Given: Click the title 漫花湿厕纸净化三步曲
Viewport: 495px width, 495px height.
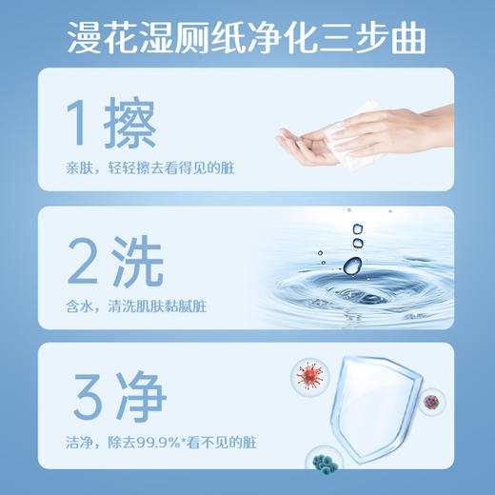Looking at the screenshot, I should [247, 38].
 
